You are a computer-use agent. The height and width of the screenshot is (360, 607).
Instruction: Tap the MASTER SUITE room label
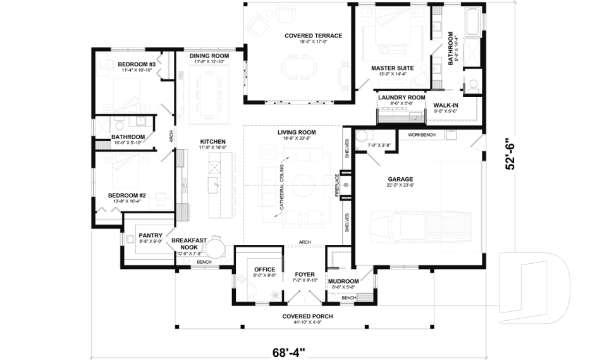tap(392, 68)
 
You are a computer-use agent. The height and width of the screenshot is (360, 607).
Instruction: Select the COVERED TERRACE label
tap(313, 36)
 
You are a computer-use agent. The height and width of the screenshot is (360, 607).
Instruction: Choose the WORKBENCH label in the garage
tap(422, 135)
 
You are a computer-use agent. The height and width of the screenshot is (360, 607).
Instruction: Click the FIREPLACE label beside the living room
tap(337, 186)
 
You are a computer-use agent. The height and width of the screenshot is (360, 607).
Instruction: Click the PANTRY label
tap(150, 235)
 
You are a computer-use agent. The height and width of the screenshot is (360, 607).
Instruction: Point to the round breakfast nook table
tap(217, 246)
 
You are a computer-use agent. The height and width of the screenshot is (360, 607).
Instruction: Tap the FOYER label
tap(304, 275)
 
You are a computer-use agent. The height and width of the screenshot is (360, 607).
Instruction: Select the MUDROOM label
tap(344, 281)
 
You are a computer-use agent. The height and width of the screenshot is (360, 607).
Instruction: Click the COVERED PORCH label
tap(308, 316)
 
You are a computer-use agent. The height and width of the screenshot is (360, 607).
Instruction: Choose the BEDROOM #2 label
tap(126, 196)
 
